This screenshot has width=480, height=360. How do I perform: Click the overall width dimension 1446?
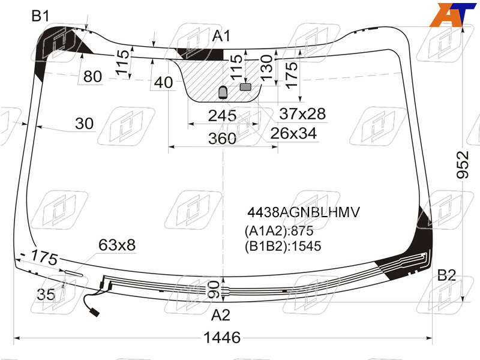pyautogui.click(x=222, y=337)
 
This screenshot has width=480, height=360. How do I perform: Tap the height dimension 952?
pyautogui.click(x=463, y=164)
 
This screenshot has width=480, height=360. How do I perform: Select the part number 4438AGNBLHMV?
pyautogui.click(x=304, y=212)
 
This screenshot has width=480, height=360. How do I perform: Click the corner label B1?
pyautogui.click(x=40, y=16)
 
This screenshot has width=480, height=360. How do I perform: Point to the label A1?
pyautogui.click(x=221, y=36)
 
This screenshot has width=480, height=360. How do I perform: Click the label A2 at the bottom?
pyautogui.click(x=220, y=315)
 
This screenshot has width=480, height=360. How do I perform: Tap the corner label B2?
pyautogui.click(x=446, y=275)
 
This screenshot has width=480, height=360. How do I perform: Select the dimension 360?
pyautogui.click(x=222, y=139)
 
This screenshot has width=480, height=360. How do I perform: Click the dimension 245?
pyautogui.click(x=222, y=116)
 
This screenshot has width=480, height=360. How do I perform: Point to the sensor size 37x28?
pyautogui.click(x=302, y=113)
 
